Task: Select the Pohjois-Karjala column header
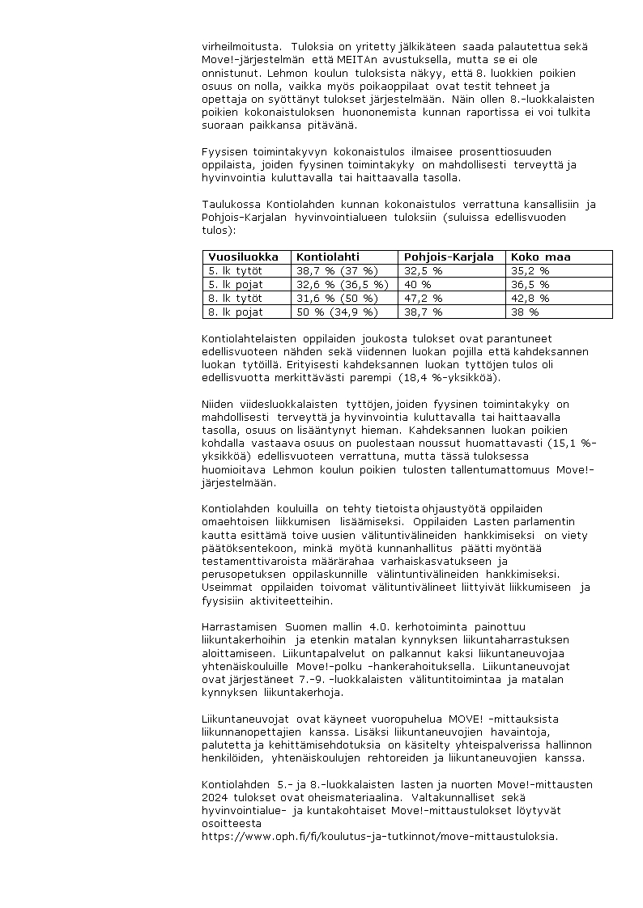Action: click(x=449, y=257)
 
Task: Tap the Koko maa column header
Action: click(x=540, y=257)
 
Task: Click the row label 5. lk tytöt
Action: click(x=236, y=270)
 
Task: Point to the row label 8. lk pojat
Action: click(x=236, y=311)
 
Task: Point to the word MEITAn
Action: click(x=341, y=60)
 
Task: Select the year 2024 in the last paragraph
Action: click(x=214, y=797)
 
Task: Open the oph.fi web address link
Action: click(x=380, y=836)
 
